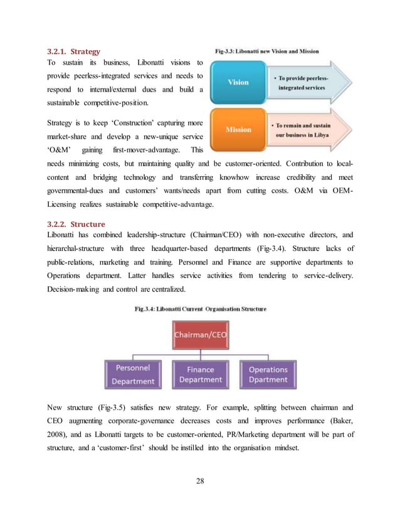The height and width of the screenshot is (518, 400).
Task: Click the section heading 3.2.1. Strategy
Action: tap(73, 51)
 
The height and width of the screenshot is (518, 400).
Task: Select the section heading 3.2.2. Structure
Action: tap(76, 224)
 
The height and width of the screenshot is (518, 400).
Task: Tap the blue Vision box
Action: tap(238, 82)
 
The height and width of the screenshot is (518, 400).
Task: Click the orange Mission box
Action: tap(238, 129)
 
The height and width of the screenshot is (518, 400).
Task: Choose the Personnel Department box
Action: tap(132, 375)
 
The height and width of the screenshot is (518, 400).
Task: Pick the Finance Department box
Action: tap(200, 374)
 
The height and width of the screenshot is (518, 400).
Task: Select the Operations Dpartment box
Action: tap(268, 374)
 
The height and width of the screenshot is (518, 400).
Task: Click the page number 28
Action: tap(200, 481)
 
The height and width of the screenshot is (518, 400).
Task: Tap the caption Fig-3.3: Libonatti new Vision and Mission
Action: tap(266, 51)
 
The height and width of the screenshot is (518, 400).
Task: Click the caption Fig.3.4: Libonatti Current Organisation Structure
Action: tap(200, 309)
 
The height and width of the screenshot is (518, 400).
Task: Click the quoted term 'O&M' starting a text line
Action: tap(58, 150)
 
